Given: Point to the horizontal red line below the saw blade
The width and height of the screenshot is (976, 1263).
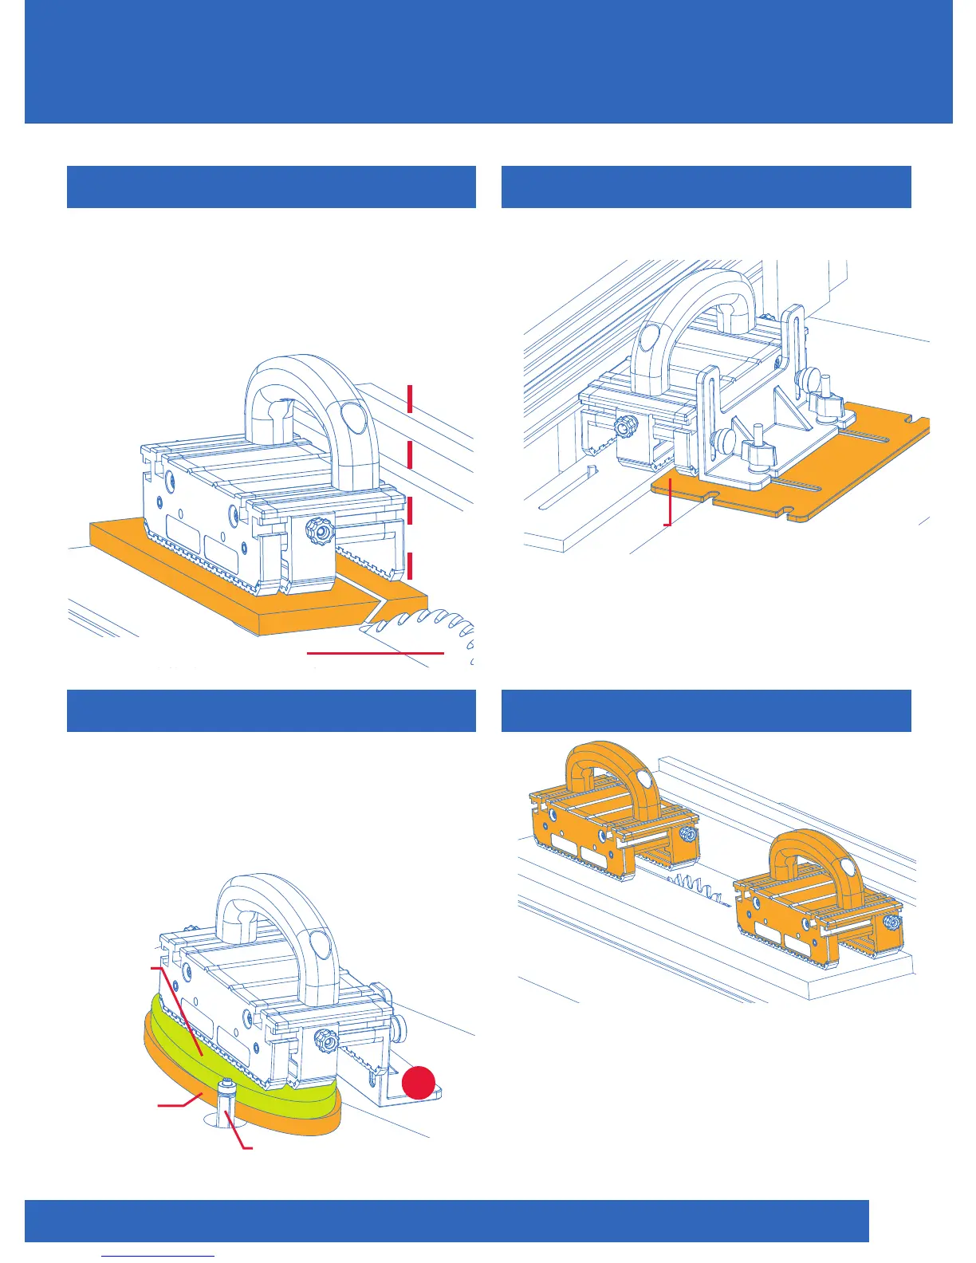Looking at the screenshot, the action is (x=375, y=652).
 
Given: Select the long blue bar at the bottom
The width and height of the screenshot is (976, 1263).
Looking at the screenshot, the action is (x=447, y=1221).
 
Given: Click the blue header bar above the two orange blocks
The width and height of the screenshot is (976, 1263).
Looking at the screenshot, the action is (x=706, y=710).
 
